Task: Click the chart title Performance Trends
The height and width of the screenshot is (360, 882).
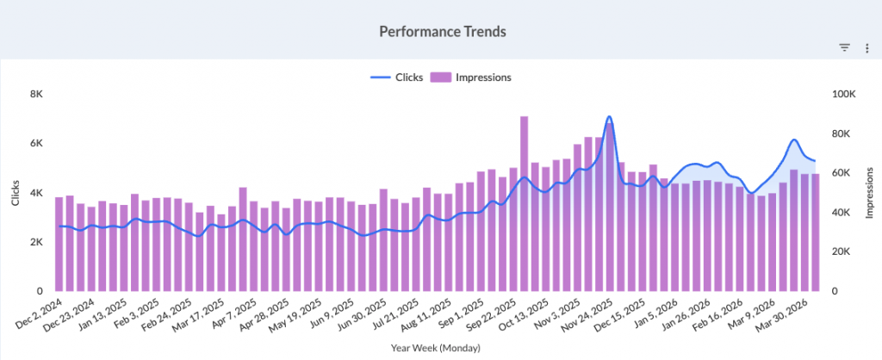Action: pyautogui.click(x=442, y=31)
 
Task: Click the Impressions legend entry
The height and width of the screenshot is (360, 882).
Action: pyautogui.click(x=471, y=78)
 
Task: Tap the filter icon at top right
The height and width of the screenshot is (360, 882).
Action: pyautogui.click(x=845, y=48)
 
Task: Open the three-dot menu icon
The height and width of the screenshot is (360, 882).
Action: pyautogui.click(x=866, y=48)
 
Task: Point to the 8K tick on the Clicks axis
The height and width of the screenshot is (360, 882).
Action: pyautogui.click(x=37, y=94)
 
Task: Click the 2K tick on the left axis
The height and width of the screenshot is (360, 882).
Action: pyautogui.click(x=37, y=242)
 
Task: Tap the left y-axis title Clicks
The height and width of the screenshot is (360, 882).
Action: pyautogui.click(x=15, y=193)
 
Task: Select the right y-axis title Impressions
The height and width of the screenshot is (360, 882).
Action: pyautogui.click(x=869, y=193)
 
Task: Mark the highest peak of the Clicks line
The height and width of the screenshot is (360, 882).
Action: pyautogui.click(x=609, y=116)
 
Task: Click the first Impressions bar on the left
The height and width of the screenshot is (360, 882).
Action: pyautogui.click(x=59, y=244)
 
